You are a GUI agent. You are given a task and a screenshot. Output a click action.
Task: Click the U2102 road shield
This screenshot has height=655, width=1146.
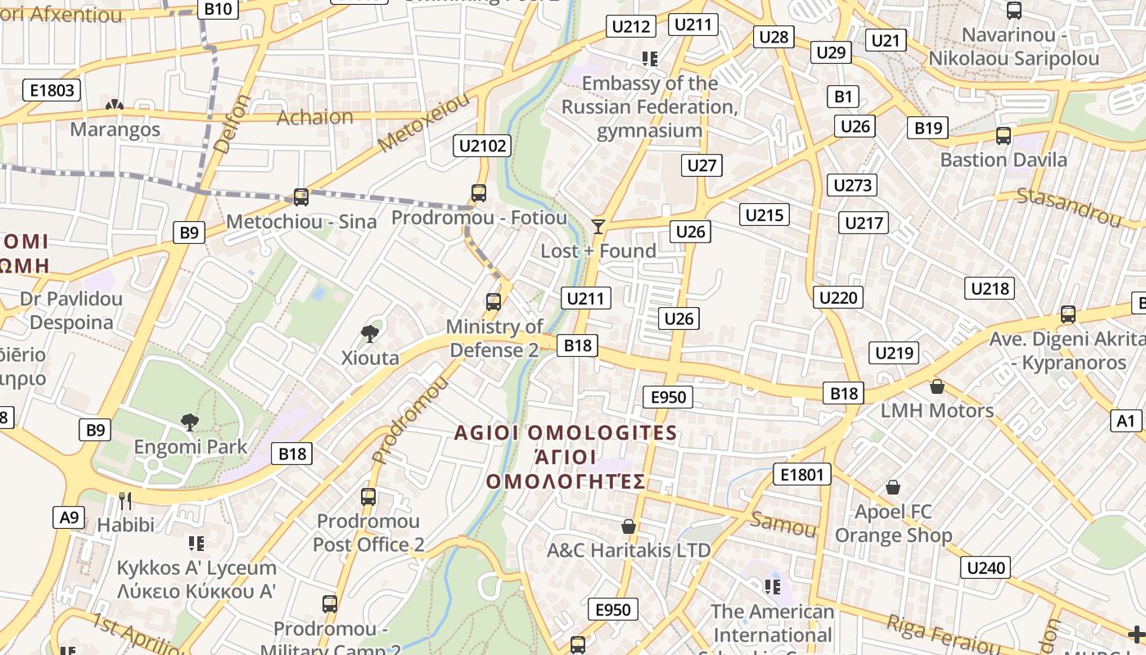click(x=483, y=147)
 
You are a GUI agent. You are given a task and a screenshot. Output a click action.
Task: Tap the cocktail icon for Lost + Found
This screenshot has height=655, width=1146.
click(x=598, y=226)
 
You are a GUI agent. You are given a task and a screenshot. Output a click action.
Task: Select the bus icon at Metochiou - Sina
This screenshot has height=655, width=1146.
click(x=301, y=197)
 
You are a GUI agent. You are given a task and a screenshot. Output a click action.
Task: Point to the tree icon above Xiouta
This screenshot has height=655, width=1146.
click(x=370, y=333)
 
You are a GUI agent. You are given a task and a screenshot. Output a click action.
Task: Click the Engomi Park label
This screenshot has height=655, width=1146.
click(x=191, y=447)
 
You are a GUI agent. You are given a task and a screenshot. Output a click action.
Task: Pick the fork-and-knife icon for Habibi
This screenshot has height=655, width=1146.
click(x=125, y=500)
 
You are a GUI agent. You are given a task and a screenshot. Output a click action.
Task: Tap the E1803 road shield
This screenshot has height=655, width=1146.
click(x=52, y=90)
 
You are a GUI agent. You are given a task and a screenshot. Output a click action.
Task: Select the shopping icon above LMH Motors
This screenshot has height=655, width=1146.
click(x=937, y=386)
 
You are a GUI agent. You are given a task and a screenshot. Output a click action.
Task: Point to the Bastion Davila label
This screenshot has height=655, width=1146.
click(x=1003, y=160)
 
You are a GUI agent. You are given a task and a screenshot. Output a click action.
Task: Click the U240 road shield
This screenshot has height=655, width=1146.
click(x=987, y=567)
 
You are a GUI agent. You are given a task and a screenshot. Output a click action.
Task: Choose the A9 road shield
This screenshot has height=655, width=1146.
click(x=70, y=517)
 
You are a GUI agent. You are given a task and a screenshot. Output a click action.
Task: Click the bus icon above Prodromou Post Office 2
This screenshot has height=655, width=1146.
click(x=368, y=496)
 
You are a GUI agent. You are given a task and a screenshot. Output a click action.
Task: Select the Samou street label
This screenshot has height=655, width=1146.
click(x=783, y=524)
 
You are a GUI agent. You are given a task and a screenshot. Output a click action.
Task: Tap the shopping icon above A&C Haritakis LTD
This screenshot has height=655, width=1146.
click(x=629, y=526)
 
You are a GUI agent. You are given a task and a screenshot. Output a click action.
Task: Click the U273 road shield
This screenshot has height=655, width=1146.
click(x=852, y=185)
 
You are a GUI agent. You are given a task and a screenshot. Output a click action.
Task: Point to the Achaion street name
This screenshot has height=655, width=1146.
click(x=315, y=117)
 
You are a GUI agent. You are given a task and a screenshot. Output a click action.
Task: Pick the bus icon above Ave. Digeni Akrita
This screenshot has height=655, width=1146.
click(x=1067, y=314)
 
